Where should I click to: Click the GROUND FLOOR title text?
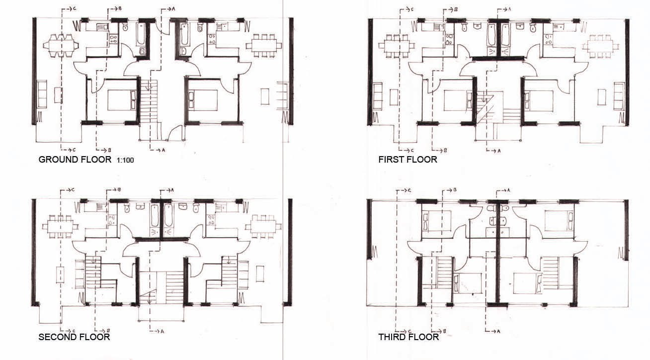click(75, 160)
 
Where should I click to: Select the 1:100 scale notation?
click(125, 160)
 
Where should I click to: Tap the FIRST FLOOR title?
click(407, 160)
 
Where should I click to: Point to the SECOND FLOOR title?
click(74, 337)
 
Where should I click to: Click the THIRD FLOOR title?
click(408, 337)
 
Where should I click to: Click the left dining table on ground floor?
click(61, 46)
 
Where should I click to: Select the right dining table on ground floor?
click(264, 46)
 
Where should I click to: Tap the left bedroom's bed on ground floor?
click(122, 100)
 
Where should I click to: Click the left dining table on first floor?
click(397, 46)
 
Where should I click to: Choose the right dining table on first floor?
click(600, 46)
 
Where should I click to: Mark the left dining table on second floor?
click(60, 226)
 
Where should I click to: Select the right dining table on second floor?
click(263, 226)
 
